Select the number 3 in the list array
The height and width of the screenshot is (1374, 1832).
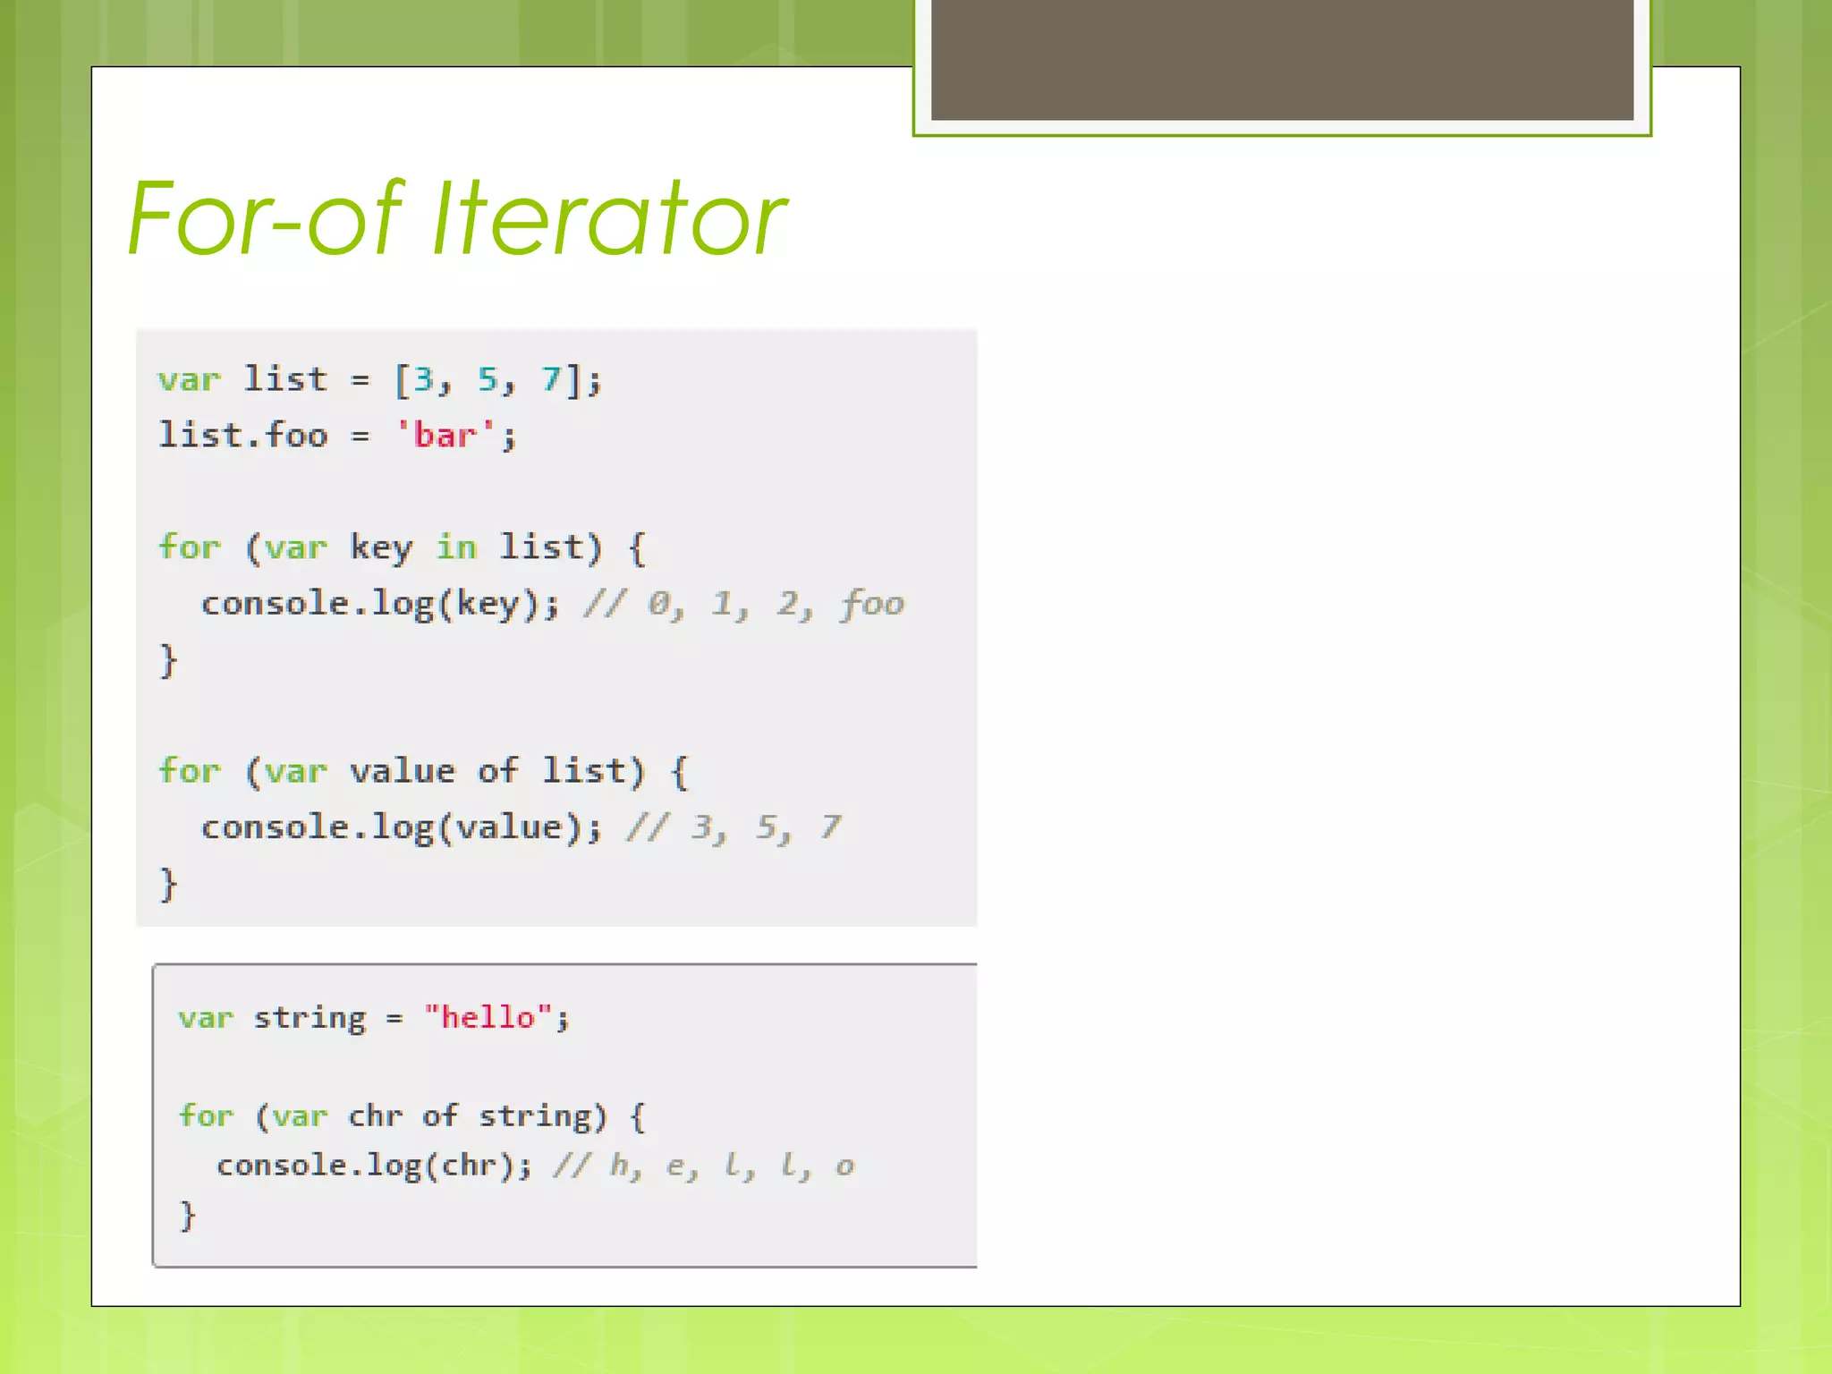click(x=423, y=380)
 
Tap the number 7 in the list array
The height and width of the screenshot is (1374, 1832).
click(x=551, y=380)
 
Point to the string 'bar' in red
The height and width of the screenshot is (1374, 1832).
click(x=445, y=436)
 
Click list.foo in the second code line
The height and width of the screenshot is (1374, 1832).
click(x=243, y=436)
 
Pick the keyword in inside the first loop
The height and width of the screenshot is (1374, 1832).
click(x=456, y=547)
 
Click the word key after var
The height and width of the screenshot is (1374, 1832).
click(x=381, y=547)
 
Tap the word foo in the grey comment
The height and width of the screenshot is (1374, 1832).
click(x=872, y=605)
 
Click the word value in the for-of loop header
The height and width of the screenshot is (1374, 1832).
click(x=403, y=771)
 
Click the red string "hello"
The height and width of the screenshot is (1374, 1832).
click(x=488, y=1018)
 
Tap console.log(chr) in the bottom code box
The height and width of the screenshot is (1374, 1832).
click(x=373, y=1166)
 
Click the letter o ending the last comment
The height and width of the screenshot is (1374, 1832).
click(x=844, y=1166)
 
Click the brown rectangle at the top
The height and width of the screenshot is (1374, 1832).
click(x=1282, y=59)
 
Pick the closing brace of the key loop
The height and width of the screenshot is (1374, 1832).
click(x=168, y=661)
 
